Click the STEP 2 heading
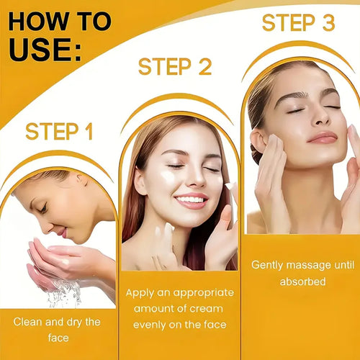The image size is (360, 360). tap(175, 67)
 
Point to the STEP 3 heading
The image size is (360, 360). tap(298, 23)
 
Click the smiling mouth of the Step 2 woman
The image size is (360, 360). tap(191, 199)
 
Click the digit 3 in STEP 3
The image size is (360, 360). tap(328, 23)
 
